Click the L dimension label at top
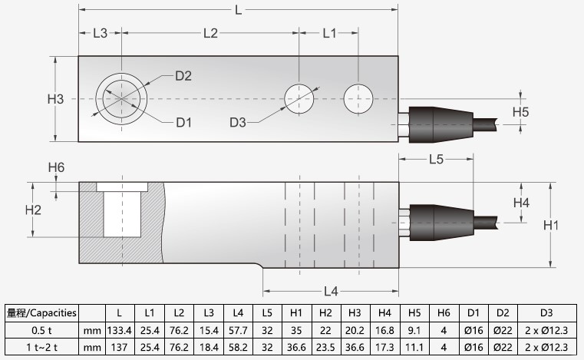[x=239, y=10]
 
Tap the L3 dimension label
[x=100, y=34]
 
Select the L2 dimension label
[x=210, y=34]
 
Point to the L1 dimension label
[x=329, y=34]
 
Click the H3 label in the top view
[x=55, y=99]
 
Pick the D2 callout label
[x=183, y=75]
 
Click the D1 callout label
[x=183, y=122]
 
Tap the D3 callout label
[x=238, y=122]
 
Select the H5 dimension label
[x=520, y=112]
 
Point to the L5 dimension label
[x=436, y=160]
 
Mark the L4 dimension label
[x=331, y=291]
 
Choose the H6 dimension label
[x=55, y=167]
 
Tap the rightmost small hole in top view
[x=358, y=98]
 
